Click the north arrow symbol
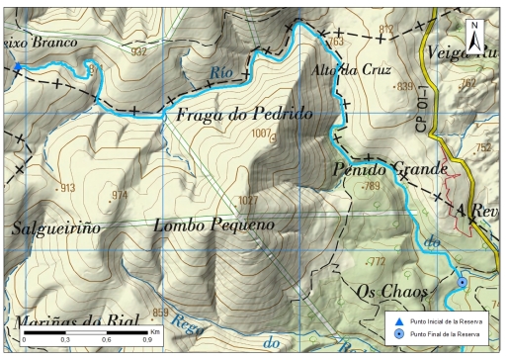475,38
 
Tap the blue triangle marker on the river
18,67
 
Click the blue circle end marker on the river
463,284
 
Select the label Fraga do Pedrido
244,116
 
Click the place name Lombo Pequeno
213,225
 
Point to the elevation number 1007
262,133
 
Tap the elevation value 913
67,188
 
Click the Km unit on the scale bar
155,331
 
